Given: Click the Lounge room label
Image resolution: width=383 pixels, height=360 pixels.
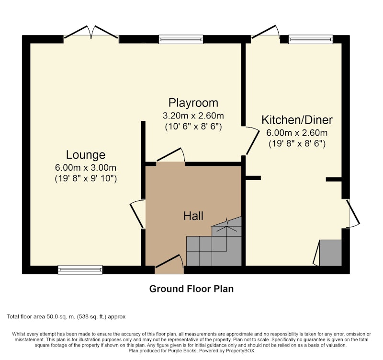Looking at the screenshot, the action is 86,155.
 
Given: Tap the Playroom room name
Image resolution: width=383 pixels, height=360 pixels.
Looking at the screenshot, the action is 193,103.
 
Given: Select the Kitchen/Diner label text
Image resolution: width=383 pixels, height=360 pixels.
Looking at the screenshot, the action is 297,120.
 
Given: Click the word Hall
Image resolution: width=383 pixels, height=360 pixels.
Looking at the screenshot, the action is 193,216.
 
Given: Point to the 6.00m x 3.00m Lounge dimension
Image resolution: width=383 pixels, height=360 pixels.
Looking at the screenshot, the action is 86,168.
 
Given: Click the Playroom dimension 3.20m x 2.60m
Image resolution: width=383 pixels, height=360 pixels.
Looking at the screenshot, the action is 193,116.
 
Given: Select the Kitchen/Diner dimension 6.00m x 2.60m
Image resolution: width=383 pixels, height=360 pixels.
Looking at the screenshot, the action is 297,133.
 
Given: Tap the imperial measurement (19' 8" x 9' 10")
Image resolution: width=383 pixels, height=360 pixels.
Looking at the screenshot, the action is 86,178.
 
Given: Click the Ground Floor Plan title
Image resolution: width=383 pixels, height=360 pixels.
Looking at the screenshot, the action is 191,289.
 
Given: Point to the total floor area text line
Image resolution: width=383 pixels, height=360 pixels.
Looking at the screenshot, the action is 66,317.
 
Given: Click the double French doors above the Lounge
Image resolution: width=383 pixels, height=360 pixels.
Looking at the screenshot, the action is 91,33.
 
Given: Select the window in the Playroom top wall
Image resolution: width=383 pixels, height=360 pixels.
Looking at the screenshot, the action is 181,39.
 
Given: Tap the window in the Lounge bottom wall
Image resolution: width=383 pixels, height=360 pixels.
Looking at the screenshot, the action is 80,269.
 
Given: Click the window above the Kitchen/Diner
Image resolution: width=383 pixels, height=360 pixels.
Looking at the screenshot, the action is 310,39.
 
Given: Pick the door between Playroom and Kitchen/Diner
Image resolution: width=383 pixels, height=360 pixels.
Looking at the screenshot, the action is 252,140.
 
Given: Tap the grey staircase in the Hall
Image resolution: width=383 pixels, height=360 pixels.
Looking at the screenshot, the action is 214,241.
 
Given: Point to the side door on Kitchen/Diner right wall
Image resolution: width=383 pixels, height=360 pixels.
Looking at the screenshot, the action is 353,213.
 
